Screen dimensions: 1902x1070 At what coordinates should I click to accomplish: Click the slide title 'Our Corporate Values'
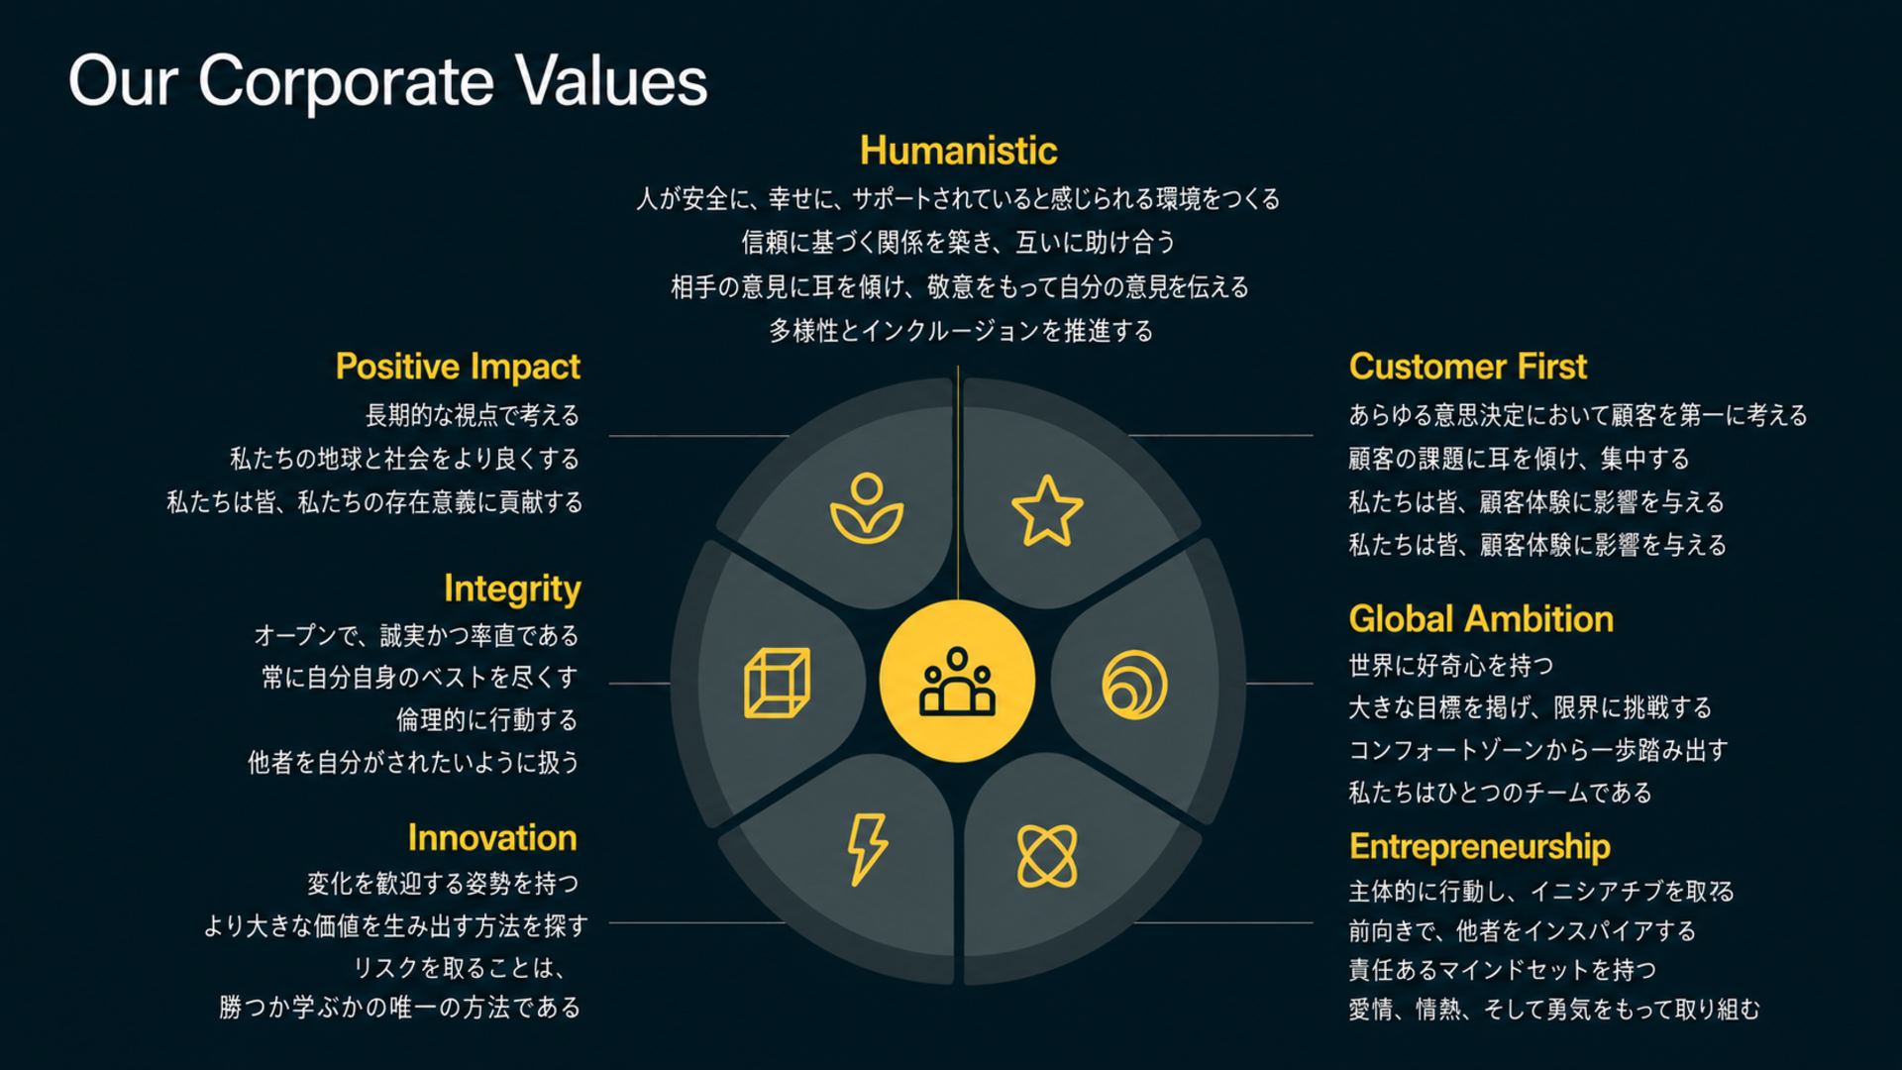click(x=387, y=81)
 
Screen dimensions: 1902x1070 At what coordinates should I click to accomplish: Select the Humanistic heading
click(x=958, y=151)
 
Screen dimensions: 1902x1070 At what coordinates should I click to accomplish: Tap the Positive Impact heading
click(x=458, y=367)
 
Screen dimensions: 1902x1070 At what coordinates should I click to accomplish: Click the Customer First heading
click(x=1467, y=367)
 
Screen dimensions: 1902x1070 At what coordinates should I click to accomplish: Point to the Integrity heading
click(x=512, y=588)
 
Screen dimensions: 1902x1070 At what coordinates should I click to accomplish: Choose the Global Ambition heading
click(x=1481, y=619)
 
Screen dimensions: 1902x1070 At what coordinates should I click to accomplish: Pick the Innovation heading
click(x=492, y=838)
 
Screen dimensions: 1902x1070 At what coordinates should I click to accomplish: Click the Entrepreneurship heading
click(x=1480, y=847)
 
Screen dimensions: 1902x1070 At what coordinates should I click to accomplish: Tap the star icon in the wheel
click(x=1047, y=511)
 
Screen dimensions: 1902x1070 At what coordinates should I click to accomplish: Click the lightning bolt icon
click(x=867, y=849)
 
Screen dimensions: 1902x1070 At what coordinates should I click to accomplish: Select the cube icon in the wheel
click(x=777, y=683)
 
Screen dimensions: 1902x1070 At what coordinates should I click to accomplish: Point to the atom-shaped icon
click(x=1047, y=856)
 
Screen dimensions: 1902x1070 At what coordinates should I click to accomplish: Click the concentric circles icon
click(x=1134, y=685)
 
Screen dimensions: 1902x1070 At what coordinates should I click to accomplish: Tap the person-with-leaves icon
click(x=867, y=508)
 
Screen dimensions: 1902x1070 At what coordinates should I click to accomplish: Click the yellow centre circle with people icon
click(x=957, y=681)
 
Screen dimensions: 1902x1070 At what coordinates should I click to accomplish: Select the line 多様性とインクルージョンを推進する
click(x=961, y=331)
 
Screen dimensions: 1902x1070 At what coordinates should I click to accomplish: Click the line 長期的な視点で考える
click(x=473, y=415)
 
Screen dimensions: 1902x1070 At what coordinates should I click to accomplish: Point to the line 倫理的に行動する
click(x=487, y=720)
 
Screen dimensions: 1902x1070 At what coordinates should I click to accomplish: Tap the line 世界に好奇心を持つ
click(x=1451, y=666)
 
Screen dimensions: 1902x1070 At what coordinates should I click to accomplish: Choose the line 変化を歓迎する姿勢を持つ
click(x=443, y=884)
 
